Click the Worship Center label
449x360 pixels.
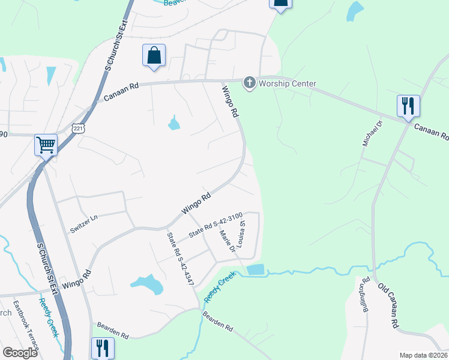coord(287,83)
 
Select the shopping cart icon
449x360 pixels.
coord(46,145)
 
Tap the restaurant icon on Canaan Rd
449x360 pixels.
coord(408,106)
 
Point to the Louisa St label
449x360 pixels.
coord(242,234)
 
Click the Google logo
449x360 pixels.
coord(20,353)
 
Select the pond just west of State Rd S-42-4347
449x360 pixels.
coord(146,283)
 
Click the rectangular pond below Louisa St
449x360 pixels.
coord(255,269)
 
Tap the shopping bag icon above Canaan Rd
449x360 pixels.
coord(154,55)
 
